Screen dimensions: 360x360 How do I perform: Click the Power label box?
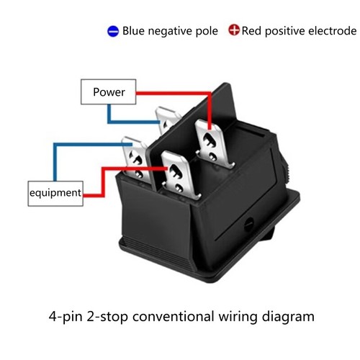[x=109, y=92]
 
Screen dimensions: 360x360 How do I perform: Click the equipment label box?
[x=55, y=193]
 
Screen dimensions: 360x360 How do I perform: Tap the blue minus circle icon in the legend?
[x=113, y=31]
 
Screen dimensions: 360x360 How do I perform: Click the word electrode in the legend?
[x=330, y=31]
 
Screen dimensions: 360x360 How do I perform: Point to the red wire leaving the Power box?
[x=173, y=92]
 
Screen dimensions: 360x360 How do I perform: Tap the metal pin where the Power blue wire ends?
[x=167, y=120]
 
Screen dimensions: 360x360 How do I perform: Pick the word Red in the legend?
[x=252, y=31]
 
